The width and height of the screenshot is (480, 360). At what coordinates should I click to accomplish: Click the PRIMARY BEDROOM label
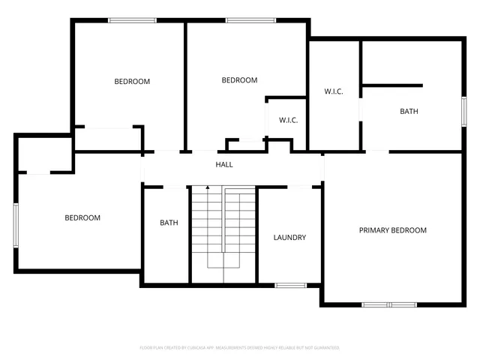coord(392,230)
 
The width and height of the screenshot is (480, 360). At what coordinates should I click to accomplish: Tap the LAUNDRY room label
coord(289,238)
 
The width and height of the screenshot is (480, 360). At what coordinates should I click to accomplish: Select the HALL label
coord(224,164)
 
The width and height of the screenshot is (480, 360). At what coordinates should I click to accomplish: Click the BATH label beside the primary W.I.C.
coord(409,112)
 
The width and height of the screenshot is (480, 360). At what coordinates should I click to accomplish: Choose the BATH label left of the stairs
coord(169,223)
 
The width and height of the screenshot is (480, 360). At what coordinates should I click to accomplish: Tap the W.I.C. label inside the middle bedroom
coord(289,120)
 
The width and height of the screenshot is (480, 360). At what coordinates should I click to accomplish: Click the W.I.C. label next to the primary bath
coord(334,91)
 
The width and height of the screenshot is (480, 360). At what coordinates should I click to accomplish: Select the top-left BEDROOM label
coord(132,82)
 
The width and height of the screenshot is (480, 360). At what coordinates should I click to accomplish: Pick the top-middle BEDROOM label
coord(239,80)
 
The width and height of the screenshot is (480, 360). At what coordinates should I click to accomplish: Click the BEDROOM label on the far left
coord(82,218)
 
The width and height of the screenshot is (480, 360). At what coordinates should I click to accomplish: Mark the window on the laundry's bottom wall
coord(290,285)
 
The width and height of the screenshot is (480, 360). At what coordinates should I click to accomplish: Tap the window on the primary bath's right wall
coord(463,112)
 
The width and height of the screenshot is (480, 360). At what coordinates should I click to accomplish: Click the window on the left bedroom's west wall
coord(16,224)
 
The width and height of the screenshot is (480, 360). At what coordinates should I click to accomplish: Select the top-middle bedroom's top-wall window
coord(244,20)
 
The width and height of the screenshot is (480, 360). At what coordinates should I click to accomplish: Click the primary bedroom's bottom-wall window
coord(388,304)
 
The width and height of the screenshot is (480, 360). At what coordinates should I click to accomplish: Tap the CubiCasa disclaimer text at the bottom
coord(240,348)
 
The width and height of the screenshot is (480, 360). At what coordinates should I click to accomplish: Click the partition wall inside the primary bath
coord(392,85)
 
